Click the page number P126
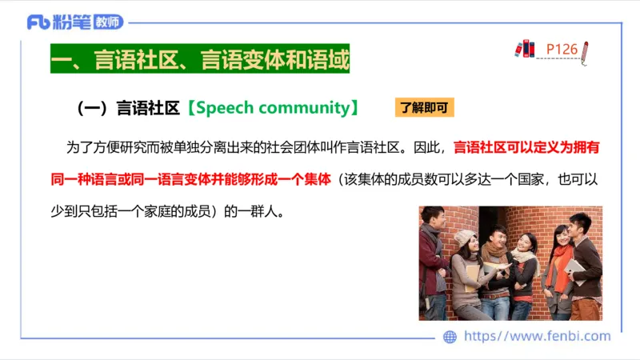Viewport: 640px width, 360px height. click(562, 50)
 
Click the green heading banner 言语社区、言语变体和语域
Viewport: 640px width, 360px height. click(200, 61)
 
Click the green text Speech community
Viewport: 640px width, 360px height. click(272, 108)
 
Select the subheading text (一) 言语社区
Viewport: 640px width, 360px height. click(128, 108)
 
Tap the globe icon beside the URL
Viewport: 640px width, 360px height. click(450, 337)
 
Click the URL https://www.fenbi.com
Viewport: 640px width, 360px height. click(537, 337)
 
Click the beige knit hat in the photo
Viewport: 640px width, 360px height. click(464, 237)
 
